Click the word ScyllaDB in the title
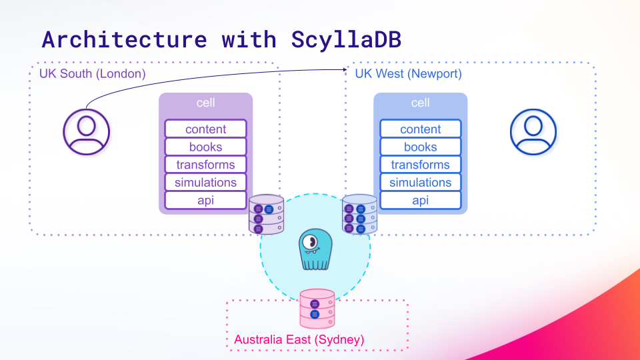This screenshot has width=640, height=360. pyautogui.click(x=346, y=40)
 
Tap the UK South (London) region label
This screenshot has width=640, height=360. pyautogui.click(x=92, y=73)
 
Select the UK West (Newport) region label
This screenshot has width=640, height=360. pyautogui.click(x=408, y=73)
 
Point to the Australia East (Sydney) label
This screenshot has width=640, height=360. pyautogui.click(x=299, y=339)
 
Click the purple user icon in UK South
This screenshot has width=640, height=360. pyautogui.click(x=86, y=132)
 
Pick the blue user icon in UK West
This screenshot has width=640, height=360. pyautogui.click(x=533, y=132)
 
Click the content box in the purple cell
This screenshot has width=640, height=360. pyautogui.click(x=206, y=129)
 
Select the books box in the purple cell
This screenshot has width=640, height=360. pyautogui.click(x=206, y=147)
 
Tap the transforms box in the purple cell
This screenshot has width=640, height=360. pyautogui.click(x=206, y=165)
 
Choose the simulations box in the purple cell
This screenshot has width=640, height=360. pyautogui.click(x=206, y=183)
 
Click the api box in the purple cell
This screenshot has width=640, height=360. pyautogui.click(x=206, y=201)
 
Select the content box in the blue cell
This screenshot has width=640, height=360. pyautogui.click(x=421, y=129)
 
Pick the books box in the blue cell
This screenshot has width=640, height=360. pyautogui.click(x=421, y=147)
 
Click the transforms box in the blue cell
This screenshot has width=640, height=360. pyautogui.click(x=421, y=165)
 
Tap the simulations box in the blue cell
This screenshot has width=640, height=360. pyautogui.click(x=421, y=183)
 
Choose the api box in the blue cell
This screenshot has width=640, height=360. pyautogui.click(x=421, y=201)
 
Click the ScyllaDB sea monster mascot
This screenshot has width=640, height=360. pyautogui.click(x=315, y=249)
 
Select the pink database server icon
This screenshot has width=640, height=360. pyautogui.click(x=317, y=309)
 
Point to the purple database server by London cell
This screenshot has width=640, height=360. pyautogui.click(x=266, y=214)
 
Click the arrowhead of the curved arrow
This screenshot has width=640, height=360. pyautogui.click(x=345, y=69)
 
